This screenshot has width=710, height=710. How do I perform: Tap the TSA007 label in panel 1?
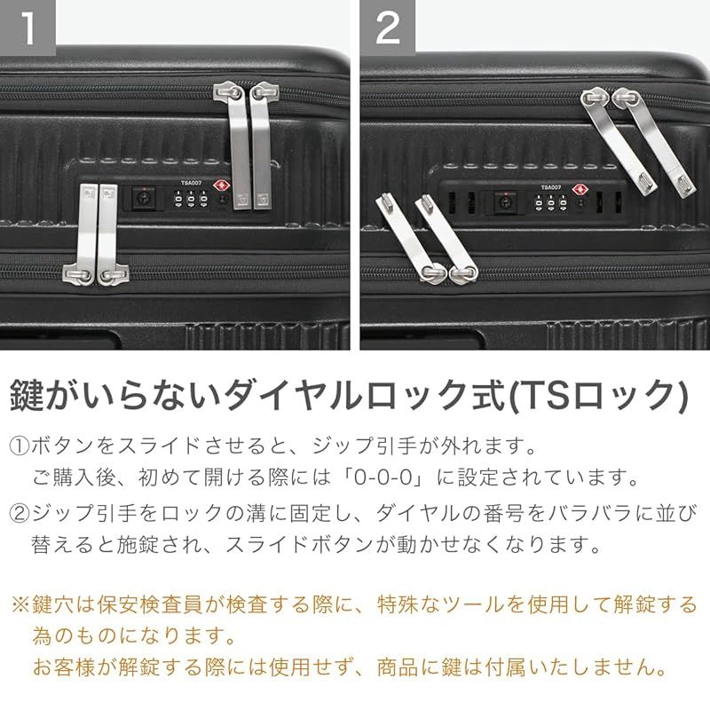(191, 185)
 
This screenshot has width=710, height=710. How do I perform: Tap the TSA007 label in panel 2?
(551, 187)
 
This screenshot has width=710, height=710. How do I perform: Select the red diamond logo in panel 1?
(221, 186)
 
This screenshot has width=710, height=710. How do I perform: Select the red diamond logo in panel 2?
(582, 189)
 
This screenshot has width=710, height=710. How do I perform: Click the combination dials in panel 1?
(191, 201)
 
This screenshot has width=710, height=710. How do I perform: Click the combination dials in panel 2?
(551, 204)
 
